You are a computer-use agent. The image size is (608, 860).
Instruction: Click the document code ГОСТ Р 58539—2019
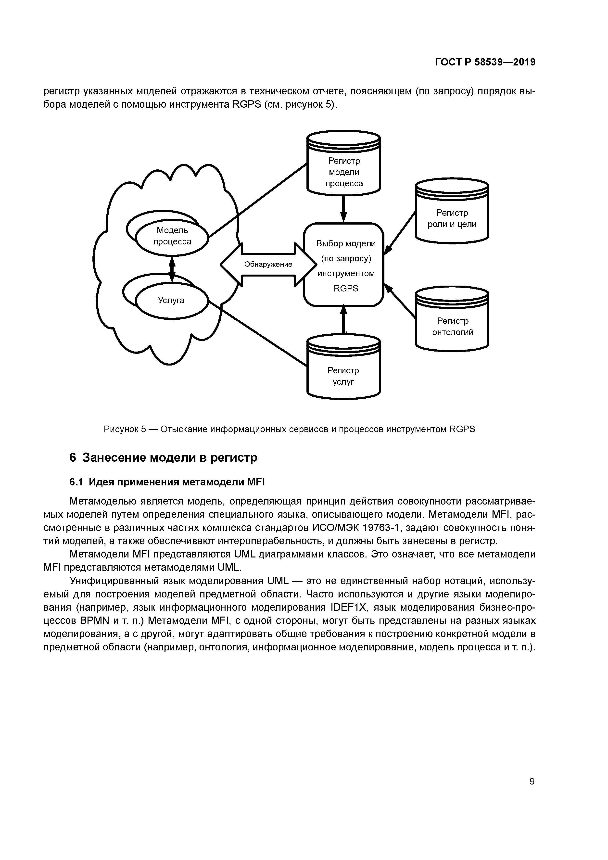485,62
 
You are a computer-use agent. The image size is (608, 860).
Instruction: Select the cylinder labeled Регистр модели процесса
343,169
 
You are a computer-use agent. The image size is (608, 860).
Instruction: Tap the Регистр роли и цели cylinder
452,217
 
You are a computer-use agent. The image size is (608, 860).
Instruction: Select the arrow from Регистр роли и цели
400,233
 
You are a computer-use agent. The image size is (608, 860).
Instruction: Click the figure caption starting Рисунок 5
289,429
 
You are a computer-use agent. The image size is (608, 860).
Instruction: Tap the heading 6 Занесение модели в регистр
164,458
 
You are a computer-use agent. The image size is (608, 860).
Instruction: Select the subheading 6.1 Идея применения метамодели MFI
167,482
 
